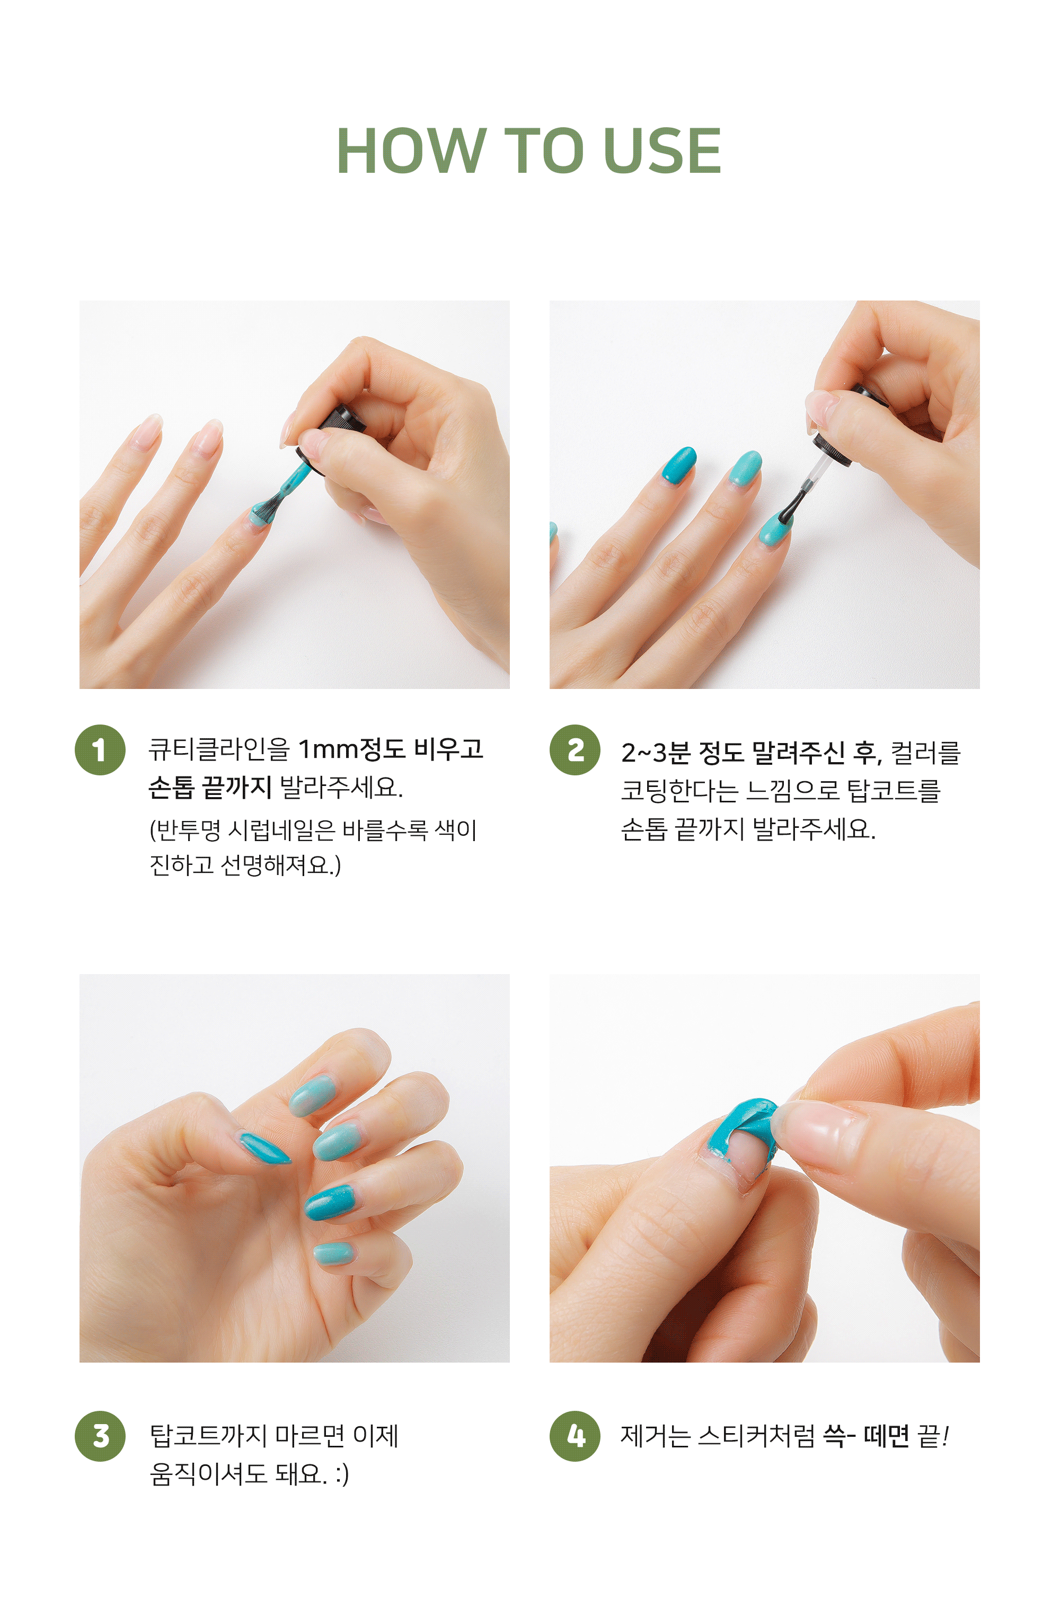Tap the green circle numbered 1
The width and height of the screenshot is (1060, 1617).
coord(100,750)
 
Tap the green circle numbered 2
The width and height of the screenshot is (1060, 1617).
coord(575,750)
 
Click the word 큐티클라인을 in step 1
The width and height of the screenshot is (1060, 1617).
coord(219,749)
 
